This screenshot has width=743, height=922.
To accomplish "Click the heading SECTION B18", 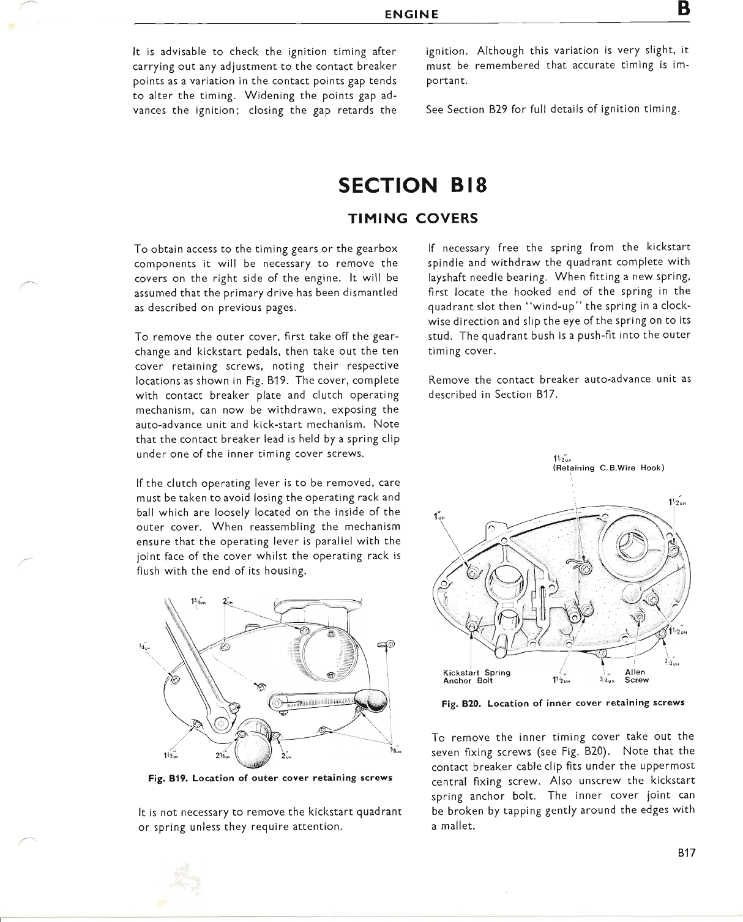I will (413, 185).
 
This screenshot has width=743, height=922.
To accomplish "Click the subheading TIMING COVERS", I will (413, 218).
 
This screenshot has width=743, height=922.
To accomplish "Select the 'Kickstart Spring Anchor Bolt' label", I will (476, 676).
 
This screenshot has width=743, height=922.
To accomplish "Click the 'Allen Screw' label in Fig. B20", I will (636, 676).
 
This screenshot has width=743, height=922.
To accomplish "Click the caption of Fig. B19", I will (269, 778).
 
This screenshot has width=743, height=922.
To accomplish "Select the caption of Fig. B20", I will (562, 702).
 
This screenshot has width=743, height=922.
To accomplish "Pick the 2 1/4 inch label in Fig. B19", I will (223, 754).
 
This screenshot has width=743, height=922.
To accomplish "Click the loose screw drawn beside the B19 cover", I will (386, 644).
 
